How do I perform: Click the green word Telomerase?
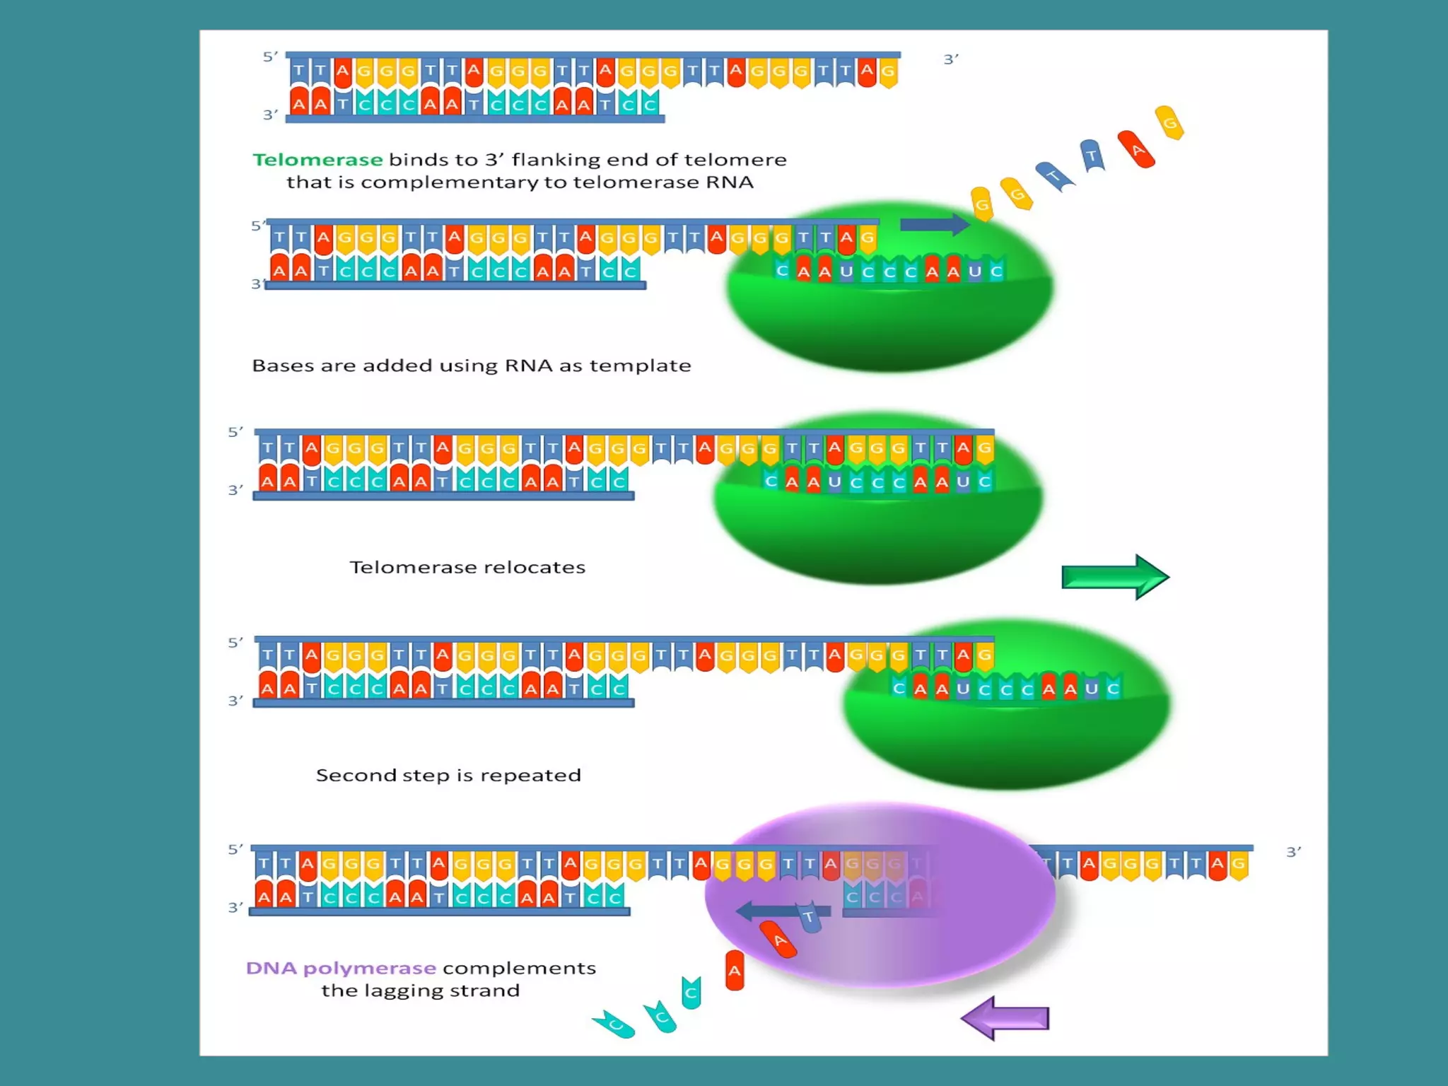pos(317,160)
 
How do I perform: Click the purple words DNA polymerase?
pos(341,968)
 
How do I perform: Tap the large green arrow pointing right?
pos(1114,577)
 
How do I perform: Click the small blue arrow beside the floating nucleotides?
pos(934,225)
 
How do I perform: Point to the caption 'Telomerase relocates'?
pos(467,567)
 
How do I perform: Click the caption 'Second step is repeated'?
pos(448,775)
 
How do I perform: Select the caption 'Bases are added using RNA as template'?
pos(472,366)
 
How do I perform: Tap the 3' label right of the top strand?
pos(951,59)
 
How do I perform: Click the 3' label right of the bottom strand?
pos(1293,852)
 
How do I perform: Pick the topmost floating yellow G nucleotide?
pos(1169,123)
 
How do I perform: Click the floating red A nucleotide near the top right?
pos(1136,149)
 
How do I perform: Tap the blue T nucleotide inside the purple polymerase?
pos(810,917)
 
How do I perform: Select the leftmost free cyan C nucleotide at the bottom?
pos(614,1024)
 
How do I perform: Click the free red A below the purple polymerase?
pos(735,970)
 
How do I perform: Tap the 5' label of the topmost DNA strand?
pos(270,57)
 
